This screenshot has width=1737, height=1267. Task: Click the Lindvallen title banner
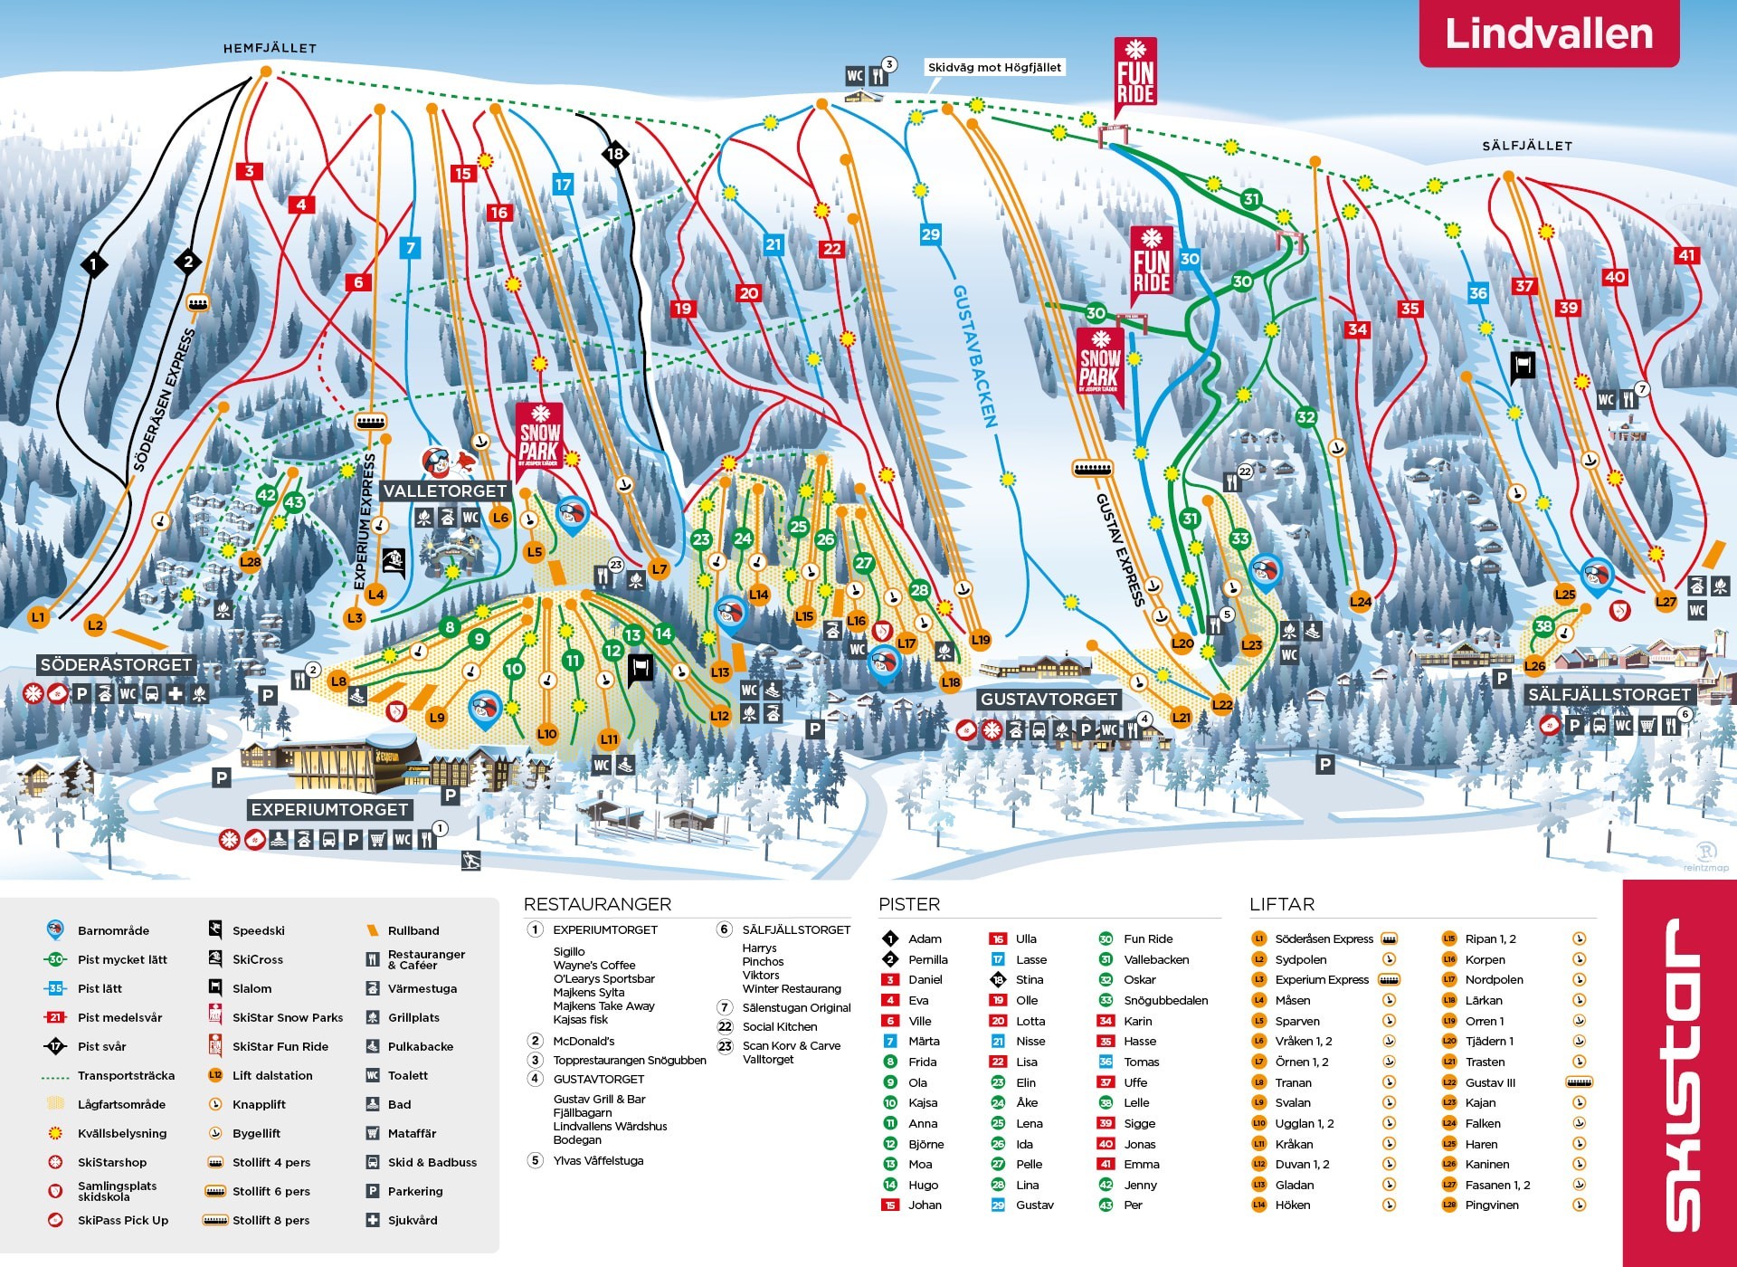(x=1548, y=33)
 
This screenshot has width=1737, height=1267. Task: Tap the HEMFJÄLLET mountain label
(x=270, y=48)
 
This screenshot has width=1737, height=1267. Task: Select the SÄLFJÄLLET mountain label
(x=1526, y=145)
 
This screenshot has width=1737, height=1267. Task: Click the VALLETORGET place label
(x=444, y=491)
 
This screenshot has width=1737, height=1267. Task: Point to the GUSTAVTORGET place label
(x=1049, y=699)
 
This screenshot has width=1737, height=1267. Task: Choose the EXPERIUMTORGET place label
(x=329, y=809)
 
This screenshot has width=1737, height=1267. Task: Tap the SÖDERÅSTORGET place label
(x=116, y=664)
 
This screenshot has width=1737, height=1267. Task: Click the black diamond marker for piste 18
(x=615, y=154)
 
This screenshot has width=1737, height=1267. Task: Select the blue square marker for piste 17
(x=563, y=185)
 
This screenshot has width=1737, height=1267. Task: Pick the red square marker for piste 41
(x=1686, y=255)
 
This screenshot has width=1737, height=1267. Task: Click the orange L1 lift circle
(x=38, y=617)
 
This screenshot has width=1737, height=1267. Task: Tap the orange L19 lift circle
(x=981, y=640)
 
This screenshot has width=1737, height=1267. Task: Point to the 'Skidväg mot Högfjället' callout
(x=994, y=67)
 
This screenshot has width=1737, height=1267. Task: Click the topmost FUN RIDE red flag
(x=1134, y=74)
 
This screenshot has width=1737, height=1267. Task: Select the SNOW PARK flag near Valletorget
(x=539, y=436)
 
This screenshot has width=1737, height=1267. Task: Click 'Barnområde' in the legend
(x=113, y=930)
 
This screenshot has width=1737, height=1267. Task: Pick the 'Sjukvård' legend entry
(x=413, y=1220)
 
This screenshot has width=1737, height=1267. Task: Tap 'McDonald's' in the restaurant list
(x=584, y=1041)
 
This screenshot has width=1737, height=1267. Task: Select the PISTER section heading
(x=909, y=904)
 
